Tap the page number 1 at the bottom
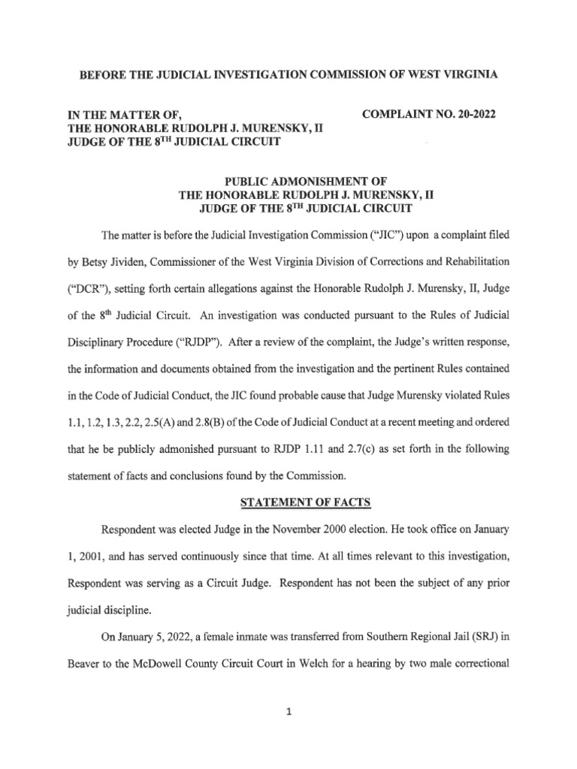pos(288,715)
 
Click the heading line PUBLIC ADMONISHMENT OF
pos(288,180)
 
